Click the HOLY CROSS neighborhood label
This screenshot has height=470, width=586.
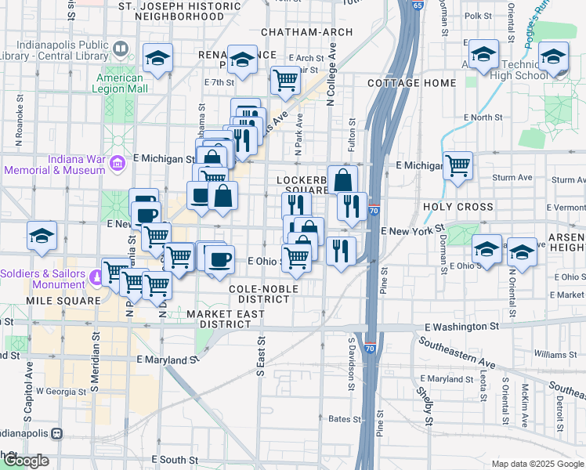click(458, 207)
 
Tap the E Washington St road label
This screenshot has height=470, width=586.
click(461, 326)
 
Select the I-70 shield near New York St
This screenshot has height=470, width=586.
click(374, 211)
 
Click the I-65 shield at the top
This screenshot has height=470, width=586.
click(418, 5)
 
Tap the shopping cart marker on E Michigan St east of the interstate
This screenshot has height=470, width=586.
click(458, 165)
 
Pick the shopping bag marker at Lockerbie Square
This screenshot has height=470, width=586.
click(342, 179)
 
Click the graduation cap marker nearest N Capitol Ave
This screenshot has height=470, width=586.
click(42, 236)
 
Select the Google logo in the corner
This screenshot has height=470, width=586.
click(25, 461)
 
